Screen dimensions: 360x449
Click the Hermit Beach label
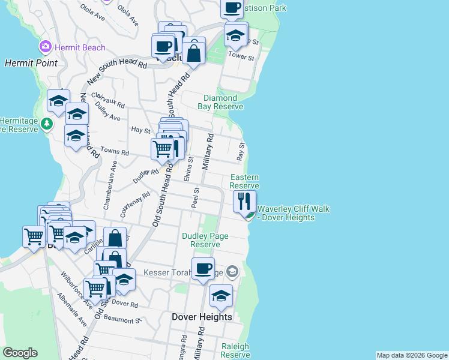[x=80, y=47]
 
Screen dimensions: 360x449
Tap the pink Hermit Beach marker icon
[x=45, y=47]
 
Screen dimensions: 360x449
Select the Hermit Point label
[x=31, y=62]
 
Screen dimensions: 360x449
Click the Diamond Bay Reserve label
[x=220, y=102]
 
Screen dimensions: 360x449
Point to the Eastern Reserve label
[x=244, y=181]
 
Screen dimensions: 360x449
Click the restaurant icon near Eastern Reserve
[x=244, y=201]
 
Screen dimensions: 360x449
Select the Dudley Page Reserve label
[x=205, y=240]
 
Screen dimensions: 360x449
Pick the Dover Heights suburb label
[x=202, y=317]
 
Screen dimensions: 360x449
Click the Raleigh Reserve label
[x=235, y=350]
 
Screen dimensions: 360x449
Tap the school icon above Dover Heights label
[x=221, y=296]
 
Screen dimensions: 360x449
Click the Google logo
[x=20, y=353]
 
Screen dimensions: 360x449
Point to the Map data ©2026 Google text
[x=412, y=355]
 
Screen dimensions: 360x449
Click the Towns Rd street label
[x=115, y=152]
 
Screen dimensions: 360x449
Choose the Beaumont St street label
[x=121, y=320]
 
